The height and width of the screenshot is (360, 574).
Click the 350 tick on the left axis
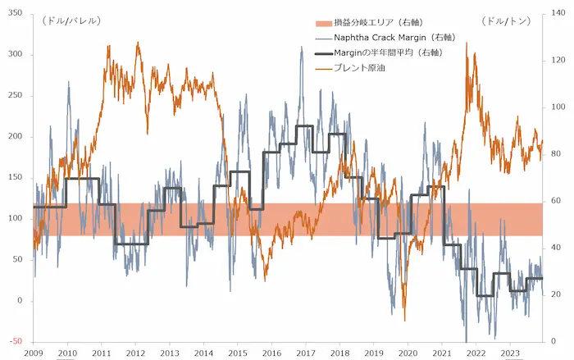click(x=16, y=13)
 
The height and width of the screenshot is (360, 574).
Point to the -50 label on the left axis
click(x=16, y=341)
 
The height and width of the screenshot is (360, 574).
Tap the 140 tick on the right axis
click(x=558, y=13)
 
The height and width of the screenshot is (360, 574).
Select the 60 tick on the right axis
click(x=556, y=201)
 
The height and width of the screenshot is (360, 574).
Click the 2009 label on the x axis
click(x=34, y=353)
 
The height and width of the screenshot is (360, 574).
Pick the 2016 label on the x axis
click(x=271, y=353)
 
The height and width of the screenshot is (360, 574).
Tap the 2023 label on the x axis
click(x=510, y=353)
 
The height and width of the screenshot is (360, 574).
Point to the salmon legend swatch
click(x=324, y=23)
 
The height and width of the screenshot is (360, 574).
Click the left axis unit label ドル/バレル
click(x=71, y=21)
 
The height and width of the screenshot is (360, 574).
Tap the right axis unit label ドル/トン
click(x=506, y=21)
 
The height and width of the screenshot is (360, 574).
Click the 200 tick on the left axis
click(x=16, y=136)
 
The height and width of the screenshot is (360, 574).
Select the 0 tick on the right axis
click(x=553, y=341)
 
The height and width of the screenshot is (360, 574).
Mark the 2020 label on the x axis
click(x=408, y=353)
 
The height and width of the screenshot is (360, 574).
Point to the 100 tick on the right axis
click(x=558, y=107)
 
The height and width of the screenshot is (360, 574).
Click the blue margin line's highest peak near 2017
click(x=302, y=47)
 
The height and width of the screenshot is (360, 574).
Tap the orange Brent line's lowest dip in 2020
click(x=405, y=321)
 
